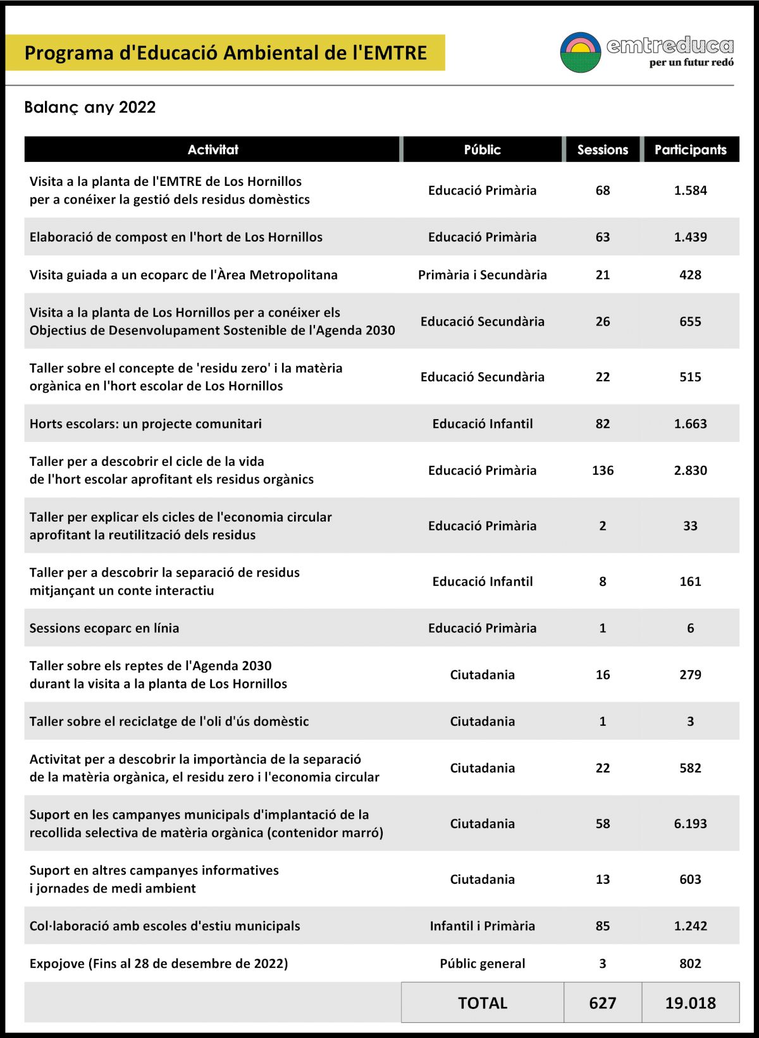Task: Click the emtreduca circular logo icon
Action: click(580, 52)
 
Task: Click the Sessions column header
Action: click(602, 150)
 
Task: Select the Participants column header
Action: click(690, 150)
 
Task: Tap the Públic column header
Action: click(482, 150)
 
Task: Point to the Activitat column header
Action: click(213, 150)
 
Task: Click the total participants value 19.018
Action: click(690, 1003)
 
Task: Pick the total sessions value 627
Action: click(602, 1003)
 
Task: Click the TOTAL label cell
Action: click(483, 1003)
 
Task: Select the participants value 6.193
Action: click(690, 824)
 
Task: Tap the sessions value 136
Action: click(602, 470)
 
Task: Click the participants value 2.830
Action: click(690, 470)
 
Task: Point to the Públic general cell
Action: click(482, 963)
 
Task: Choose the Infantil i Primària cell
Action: click(482, 926)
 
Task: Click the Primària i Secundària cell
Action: click(482, 275)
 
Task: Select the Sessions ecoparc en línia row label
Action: click(104, 628)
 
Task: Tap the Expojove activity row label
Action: click(159, 963)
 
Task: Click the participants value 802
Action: click(690, 963)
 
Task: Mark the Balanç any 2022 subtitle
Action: click(90, 107)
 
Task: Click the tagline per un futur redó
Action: click(691, 63)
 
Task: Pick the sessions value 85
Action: click(602, 926)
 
